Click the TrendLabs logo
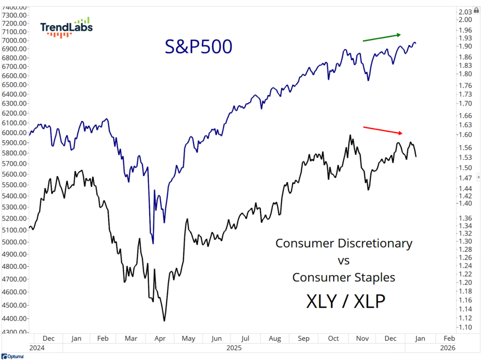click(x=66, y=28)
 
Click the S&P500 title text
click(x=198, y=47)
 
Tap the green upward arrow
click(x=381, y=38)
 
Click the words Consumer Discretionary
click(x=344, y=244)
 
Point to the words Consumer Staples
click(x=344, y=278)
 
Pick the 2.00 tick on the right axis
click(x=465, y=20)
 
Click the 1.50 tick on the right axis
click(x=465, y=168)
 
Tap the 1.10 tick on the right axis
click(x=465, y=327)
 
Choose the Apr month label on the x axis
click(x=160, y=338)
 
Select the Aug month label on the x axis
click(x=275, y=338)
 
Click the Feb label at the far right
click(x=450, y=338)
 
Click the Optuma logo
click(x=13, y=357)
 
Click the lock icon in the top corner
click(x=476, y=10)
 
